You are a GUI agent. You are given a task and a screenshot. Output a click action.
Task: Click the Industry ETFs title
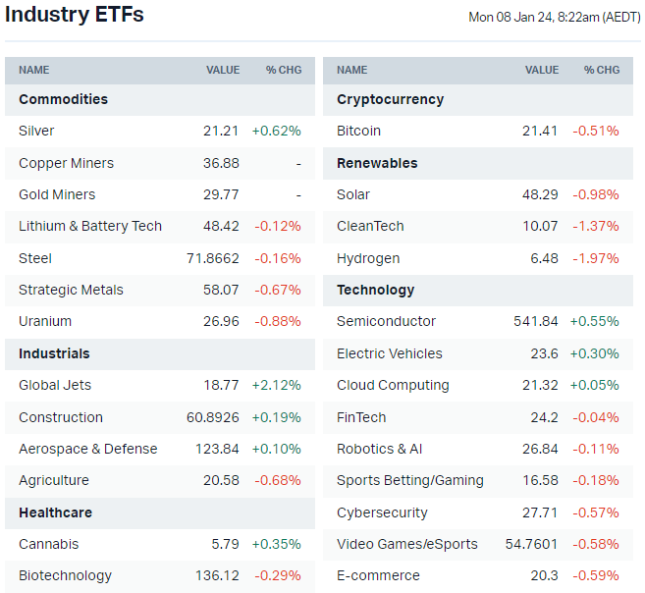[x=75, y=15]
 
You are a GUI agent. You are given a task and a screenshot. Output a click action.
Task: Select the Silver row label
[x=36, y=131]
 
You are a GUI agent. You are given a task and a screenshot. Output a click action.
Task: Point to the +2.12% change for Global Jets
[x=276, y=385]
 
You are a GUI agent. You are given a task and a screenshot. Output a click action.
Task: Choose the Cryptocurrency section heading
[x=390, y=99]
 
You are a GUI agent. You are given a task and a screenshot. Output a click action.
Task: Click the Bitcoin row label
[x=358, y=131]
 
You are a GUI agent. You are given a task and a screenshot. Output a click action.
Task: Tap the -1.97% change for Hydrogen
[x=596, y=258]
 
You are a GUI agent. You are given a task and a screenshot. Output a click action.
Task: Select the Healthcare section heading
[x=55, y=512]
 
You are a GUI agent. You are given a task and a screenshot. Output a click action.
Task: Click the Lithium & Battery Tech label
[x=90, y=226]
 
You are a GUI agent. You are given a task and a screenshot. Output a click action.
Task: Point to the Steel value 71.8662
[x=212, y=258]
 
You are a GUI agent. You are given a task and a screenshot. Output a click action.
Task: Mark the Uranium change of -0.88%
[x=278, y=321]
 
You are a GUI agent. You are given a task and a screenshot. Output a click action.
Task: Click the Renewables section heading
[x=377, y=163]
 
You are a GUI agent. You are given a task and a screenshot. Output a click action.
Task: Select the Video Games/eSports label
[x=406, y=544]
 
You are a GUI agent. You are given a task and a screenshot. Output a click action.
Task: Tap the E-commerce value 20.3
[x=543, y=575]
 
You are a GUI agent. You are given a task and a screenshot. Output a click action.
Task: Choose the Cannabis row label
[x=48, y=544]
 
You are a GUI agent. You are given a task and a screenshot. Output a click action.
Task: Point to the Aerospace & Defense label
[x=87, y=449]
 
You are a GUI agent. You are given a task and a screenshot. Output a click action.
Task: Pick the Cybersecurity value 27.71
[x=540, y=512]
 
